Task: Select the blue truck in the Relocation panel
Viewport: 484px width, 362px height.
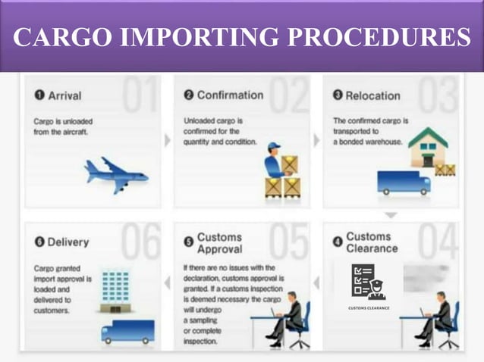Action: (x=403, y=183)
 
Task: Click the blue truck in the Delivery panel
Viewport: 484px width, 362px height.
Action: (x=127, y=330)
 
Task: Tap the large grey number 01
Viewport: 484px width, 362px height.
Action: (x=142, y=96)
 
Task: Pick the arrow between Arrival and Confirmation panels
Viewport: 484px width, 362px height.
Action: (x=168, y=140)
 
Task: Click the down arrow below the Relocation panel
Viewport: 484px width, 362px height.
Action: (x=390, y=214)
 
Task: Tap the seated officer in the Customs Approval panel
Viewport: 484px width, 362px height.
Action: (x=288, y=323)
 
